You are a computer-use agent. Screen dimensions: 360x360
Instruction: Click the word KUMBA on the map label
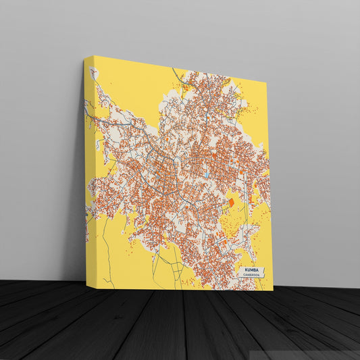(251, 269)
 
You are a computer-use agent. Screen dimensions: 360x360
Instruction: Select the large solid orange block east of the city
(230, 202)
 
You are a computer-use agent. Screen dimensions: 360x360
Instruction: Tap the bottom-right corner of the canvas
(273, 290)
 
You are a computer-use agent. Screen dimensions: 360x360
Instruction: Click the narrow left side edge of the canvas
(88, 169)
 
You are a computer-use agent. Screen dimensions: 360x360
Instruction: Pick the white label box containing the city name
(251, 272)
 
